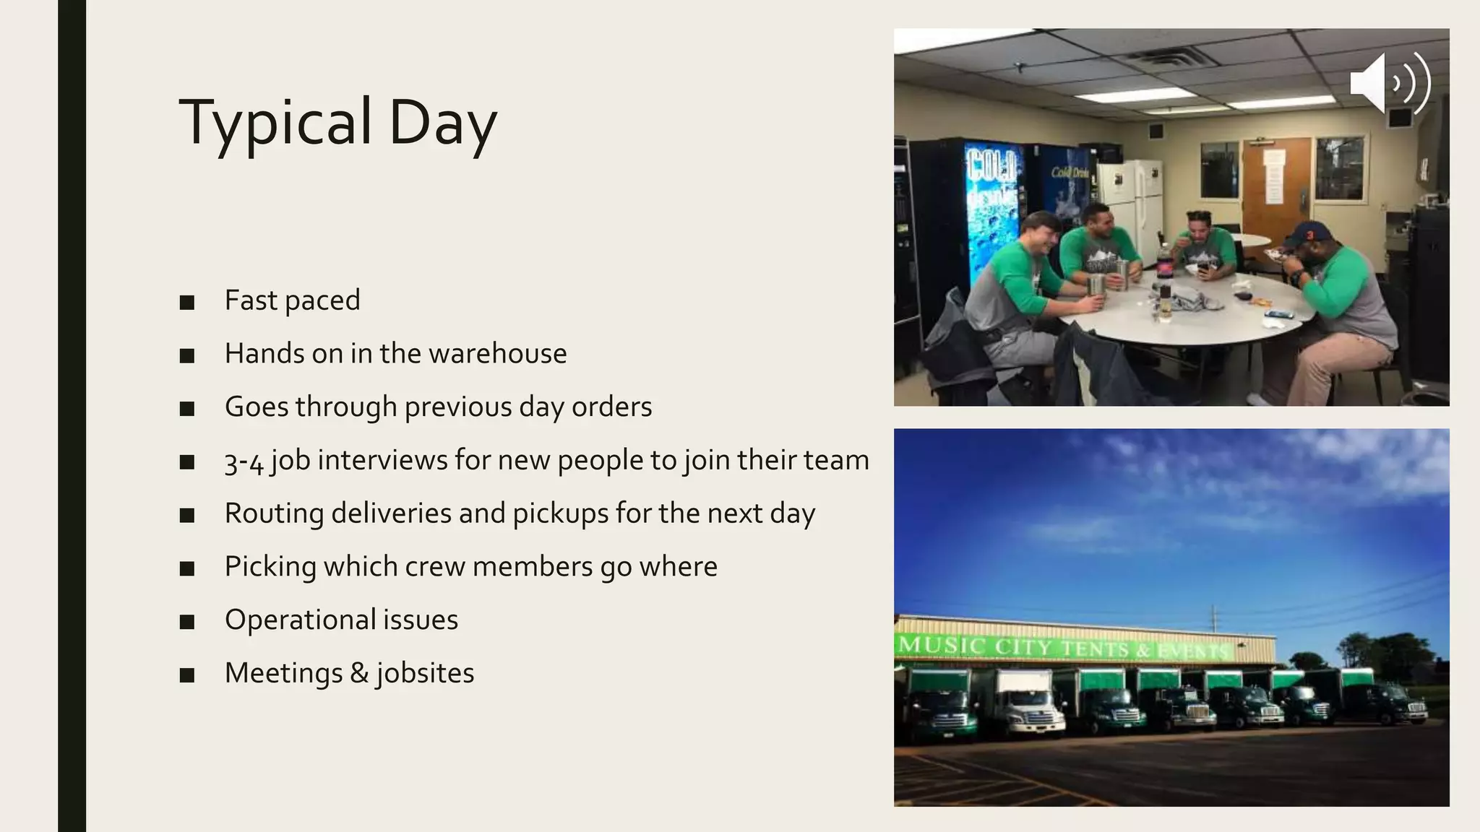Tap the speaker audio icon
1389,84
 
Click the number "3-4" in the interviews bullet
244,461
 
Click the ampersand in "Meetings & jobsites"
358,673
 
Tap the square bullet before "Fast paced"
187,303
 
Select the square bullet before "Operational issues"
187,622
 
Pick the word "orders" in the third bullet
611,407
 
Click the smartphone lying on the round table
1279,314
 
